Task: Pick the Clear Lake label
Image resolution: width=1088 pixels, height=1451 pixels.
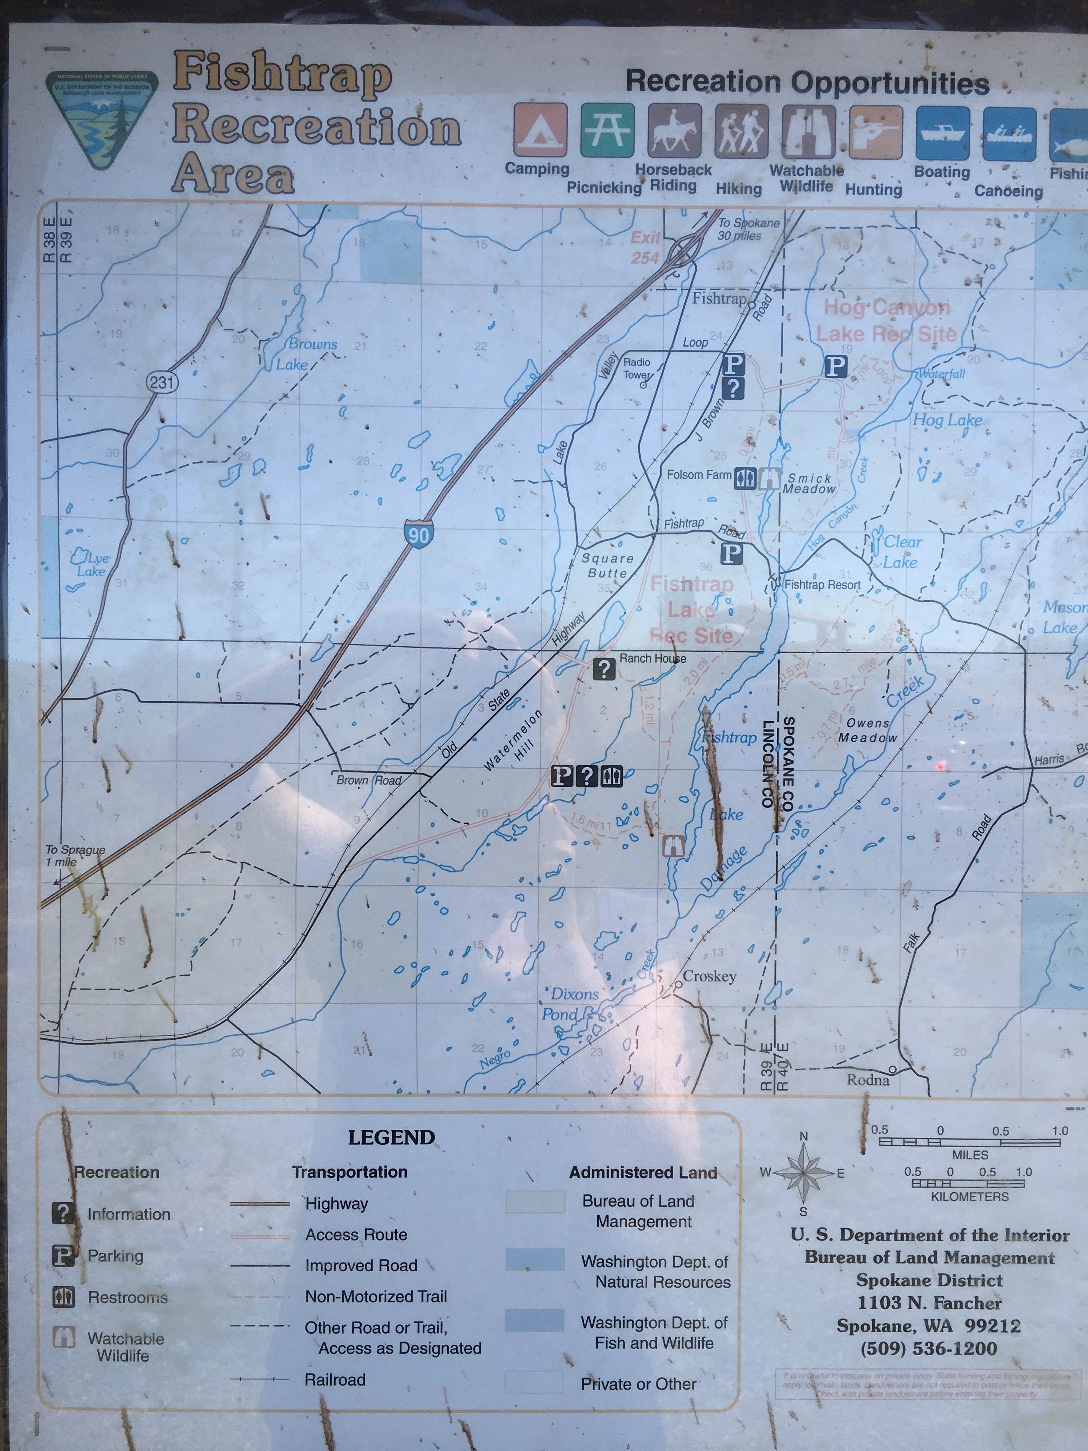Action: [902, 552]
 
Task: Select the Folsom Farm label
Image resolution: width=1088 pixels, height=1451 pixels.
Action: [698, 474]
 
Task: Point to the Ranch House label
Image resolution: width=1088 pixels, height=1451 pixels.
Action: [653, 658]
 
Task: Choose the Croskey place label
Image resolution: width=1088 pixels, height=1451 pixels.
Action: [709, 976]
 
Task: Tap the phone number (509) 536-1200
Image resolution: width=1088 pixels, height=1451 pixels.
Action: [929, 1349]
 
